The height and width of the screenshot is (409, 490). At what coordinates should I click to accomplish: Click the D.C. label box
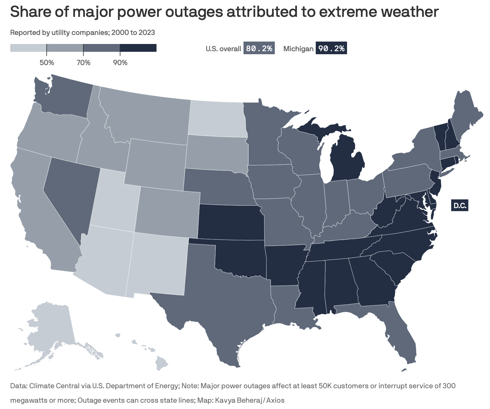[x=460, y=206]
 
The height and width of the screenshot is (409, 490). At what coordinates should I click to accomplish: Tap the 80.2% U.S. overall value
[x=259, y=48]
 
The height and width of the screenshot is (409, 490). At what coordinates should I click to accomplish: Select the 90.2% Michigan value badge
[x=331, y=48]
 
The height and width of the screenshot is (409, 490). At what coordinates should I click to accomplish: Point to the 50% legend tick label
[x=47, y=63]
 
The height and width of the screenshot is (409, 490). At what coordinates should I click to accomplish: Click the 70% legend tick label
[x=83, y=63]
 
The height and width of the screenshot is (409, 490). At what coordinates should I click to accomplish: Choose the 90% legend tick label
[x=120, y=63]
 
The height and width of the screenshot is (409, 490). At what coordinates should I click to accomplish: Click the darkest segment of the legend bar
[x=138, y=48]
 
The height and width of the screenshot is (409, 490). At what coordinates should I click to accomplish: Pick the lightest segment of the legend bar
[x=28, y=48]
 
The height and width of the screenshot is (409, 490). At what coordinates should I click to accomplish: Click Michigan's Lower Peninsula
[x=346, y=160]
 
